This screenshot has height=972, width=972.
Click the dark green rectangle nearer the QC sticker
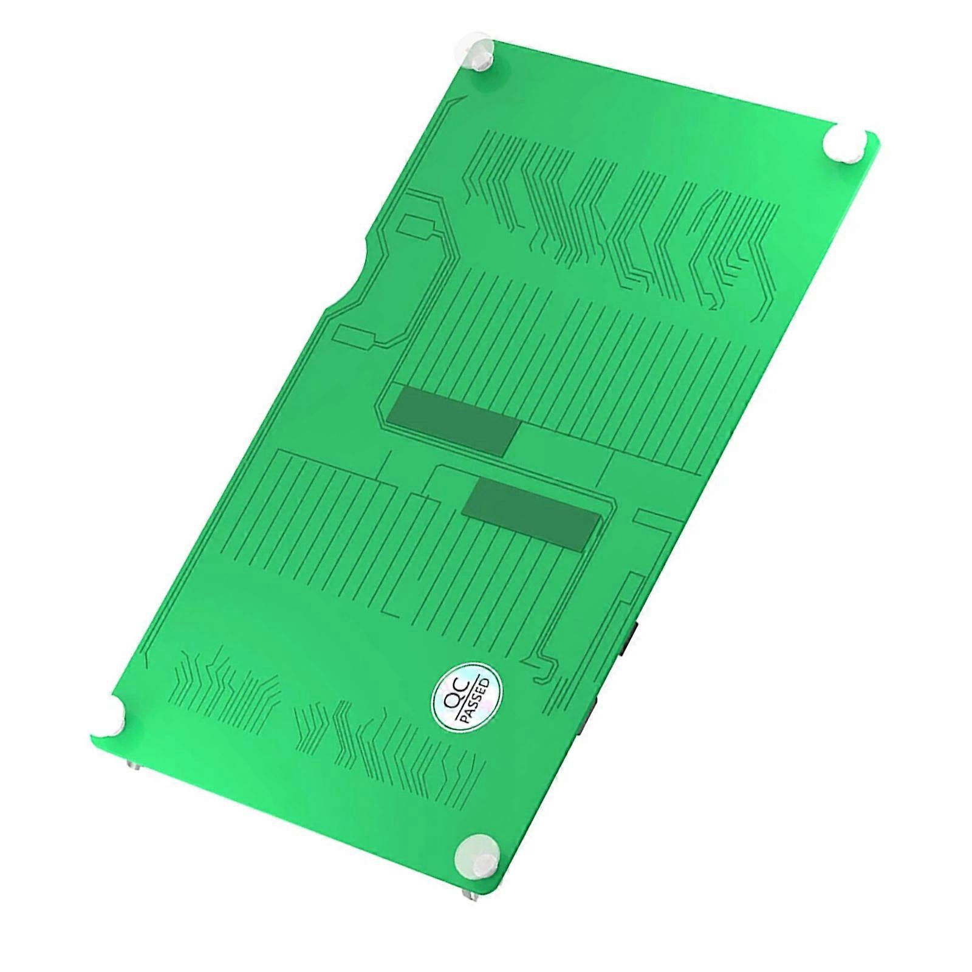point(530,513)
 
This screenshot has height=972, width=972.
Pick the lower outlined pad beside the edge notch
point(358,336)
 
